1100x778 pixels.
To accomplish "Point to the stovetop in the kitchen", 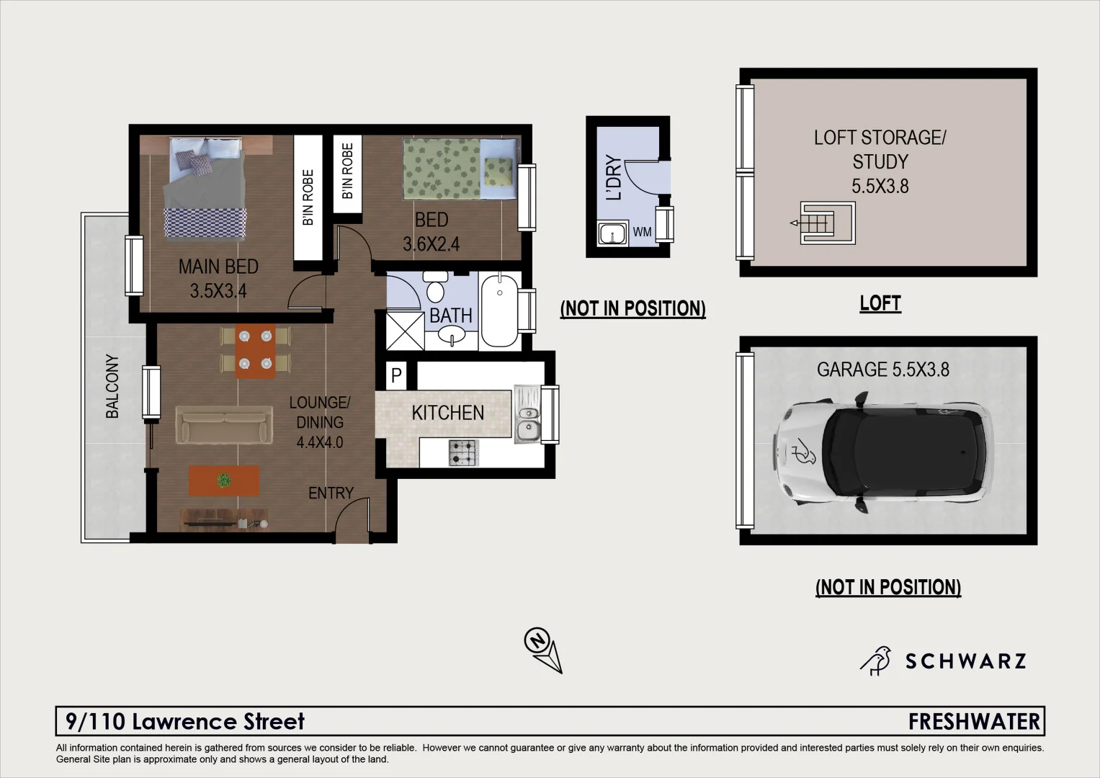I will point(462,452).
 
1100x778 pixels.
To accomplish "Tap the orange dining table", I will point(255,352).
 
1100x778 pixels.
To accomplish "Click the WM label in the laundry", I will point(642,233).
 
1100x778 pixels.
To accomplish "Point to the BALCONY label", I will point(112,386).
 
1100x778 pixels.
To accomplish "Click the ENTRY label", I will point(331,493).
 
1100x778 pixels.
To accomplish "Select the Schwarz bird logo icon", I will point(877,661).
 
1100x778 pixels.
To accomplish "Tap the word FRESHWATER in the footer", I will point(974,721).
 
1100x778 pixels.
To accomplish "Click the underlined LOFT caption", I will point(880,303).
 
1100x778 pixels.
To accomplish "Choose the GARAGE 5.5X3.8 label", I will point(882,370).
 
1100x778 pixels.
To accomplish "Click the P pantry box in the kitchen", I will point(395,375).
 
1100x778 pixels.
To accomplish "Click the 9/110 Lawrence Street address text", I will point(185,721).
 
